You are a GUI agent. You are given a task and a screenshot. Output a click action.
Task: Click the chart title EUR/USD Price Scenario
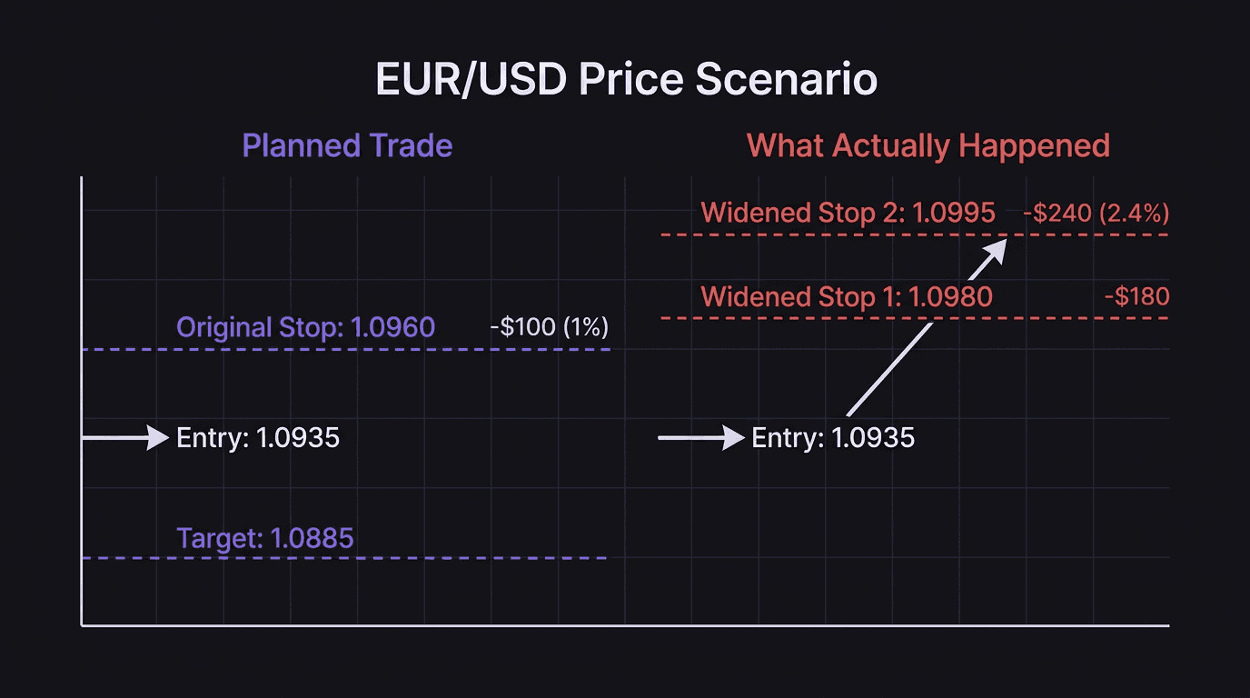click(626, 80)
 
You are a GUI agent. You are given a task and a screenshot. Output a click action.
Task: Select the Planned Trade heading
click(347, 146)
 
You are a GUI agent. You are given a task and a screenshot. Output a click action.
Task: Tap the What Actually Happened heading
click(928, 146)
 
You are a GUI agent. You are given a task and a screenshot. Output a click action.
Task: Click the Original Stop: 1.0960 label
click(305, 327)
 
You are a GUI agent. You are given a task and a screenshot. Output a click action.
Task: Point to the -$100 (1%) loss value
click(549, 327)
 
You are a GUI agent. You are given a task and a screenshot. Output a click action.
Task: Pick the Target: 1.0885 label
click(264, 538)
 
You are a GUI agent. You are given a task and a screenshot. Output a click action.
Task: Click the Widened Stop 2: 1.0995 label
click(848, 214)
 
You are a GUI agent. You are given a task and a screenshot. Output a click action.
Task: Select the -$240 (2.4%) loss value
click(1096, 214)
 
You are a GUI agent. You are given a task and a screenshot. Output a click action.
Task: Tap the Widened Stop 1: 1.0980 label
click(847, 296)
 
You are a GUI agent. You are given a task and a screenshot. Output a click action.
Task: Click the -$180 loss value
click(1136, 296)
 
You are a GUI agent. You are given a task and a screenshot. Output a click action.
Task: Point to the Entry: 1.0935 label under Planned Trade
click(257, 438)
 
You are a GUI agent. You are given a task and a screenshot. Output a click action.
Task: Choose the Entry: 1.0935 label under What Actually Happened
click(833, 438)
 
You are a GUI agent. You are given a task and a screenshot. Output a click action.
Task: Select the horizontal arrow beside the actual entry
click(701, 438)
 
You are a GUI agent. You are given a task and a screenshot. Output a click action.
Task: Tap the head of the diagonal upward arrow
click(997, 248)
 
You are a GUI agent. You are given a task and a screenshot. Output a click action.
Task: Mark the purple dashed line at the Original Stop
click(345, 350)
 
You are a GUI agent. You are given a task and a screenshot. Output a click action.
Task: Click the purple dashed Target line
click(345, 557)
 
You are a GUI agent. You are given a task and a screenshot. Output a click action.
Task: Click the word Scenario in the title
click(787, 80)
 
